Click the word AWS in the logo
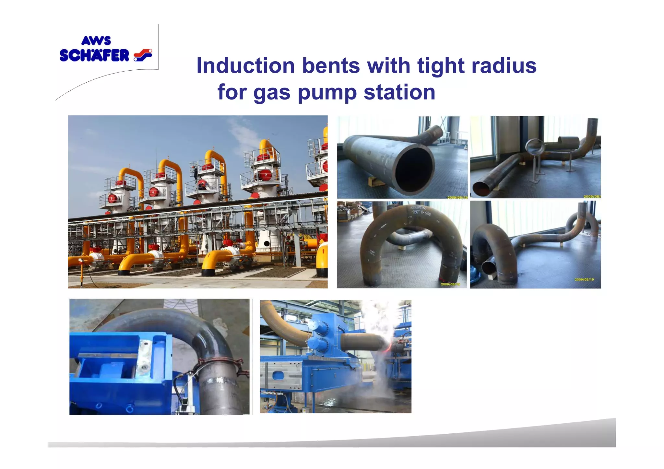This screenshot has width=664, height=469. pyautogui.click(x=96, y=41)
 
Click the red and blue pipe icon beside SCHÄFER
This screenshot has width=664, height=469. pyautogui.click(x=143, y=55)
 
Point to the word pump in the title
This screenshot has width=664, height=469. pyautogui.click(x=327, y=93)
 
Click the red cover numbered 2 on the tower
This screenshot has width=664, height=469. pyautogui.click(x=266, y=175)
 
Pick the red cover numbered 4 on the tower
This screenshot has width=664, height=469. pyautogui.click(x=153, y=192)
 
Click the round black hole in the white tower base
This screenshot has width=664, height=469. pyautogui.click(x=267, y=244)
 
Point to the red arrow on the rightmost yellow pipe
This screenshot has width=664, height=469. pyautogui.click(x=323, y=251)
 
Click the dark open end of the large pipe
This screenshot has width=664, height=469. pyautogui.click(x=414, y=170)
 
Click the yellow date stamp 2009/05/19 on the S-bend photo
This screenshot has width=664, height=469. pyautogui.click(x=584, y=279)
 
